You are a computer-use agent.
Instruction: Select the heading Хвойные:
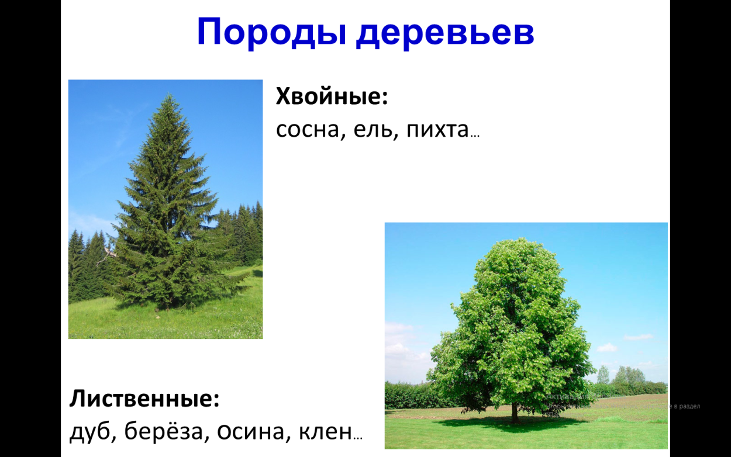pos(332,96)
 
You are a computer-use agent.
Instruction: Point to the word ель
pos(367,130)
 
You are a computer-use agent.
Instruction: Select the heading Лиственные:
pos(144,399)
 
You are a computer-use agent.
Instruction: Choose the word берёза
pos(170,432)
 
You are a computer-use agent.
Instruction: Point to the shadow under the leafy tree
pos(526,421)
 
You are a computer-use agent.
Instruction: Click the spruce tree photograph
pos(165,209)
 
